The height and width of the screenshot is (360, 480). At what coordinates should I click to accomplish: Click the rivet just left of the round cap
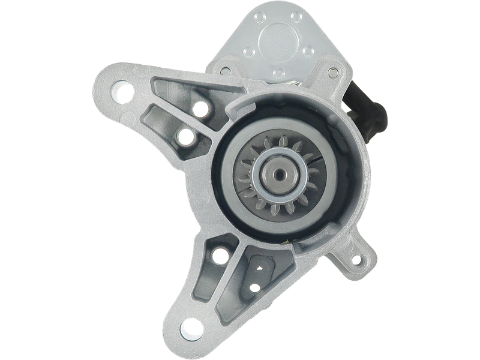[247, 54]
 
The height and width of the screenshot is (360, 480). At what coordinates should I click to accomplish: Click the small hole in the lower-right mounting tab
[359, 260]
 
